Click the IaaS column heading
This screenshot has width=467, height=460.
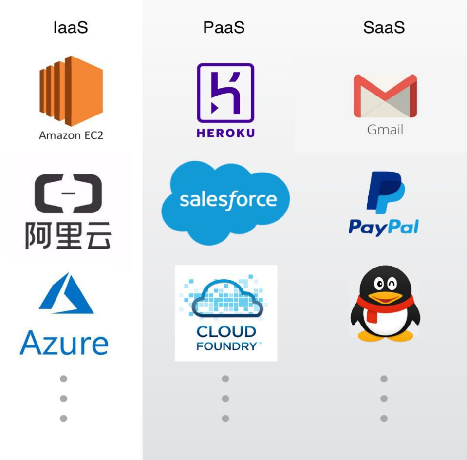pyautogui.click(x=71, y=27)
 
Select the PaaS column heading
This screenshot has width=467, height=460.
pyautogui.click(x=224, y=27)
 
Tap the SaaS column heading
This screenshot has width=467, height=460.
pyautogui.click(x=384, y=27)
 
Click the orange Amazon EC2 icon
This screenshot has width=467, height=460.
pyautogui.click(x=71, y=91)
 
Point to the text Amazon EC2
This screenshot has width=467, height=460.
pyautogui.click(x=71, y=135)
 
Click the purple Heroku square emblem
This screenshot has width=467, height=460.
pyautogui.click(x=225, y=93)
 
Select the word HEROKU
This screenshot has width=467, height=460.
pyautogui.click(x=225, y=133)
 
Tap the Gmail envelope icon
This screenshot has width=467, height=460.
pyautogui.click(x=385, y=96)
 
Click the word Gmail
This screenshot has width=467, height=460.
pyautogui.click(x=385, y=130)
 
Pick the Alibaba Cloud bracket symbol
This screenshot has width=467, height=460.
pyautogui.click(x=68, y=194)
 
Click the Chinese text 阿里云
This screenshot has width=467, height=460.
pyautogui.click(x=68, y=235)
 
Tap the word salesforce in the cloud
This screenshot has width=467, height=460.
pyautogui.click(x=228, y=199)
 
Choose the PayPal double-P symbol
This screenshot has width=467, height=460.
pyautogui.click(x=385, y=192)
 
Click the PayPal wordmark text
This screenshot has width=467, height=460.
pyautogui.click(x=384, y=227)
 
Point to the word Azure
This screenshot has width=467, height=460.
pyautogui.click(x=64, y=343)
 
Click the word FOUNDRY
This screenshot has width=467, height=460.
pyautogui.click(x=227, y=346)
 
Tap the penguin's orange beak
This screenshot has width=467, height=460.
pyautogui.click(x=385, y=297)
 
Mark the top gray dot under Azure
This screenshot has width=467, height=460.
pyautogui.click(x=63, y=379)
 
